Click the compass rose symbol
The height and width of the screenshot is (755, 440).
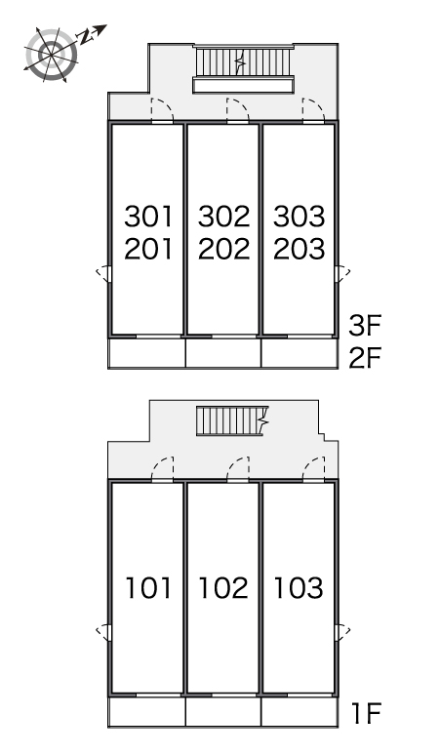coord(51,54)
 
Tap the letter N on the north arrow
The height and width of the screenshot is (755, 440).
coord(86,37)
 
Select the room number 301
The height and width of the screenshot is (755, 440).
coord(148,217)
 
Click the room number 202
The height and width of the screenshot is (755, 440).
coord(223,249)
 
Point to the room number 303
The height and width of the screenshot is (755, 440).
coord(299,217)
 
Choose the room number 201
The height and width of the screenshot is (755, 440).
coord(148,249)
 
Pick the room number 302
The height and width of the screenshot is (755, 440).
coord(223,217)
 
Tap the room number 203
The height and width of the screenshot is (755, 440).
coord(299,249)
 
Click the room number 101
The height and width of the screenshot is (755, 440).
coord(148,588)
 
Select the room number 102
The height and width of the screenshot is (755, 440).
coord(223,588)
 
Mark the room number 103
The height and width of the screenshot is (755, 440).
coord(299,588)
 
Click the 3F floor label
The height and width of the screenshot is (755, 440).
coord(365,326)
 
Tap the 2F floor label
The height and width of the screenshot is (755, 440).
coord(365,357)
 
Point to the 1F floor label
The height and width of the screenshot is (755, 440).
coord(367,713)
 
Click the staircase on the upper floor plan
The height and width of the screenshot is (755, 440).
coord(243,61)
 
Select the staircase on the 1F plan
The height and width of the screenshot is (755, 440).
coord(232,420)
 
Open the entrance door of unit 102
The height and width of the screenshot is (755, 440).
coord(238,469)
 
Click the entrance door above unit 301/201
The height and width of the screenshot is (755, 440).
coord(162,111)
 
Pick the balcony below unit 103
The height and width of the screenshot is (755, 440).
coord(299,712)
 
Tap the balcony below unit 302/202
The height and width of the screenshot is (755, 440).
coord(223,353)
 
